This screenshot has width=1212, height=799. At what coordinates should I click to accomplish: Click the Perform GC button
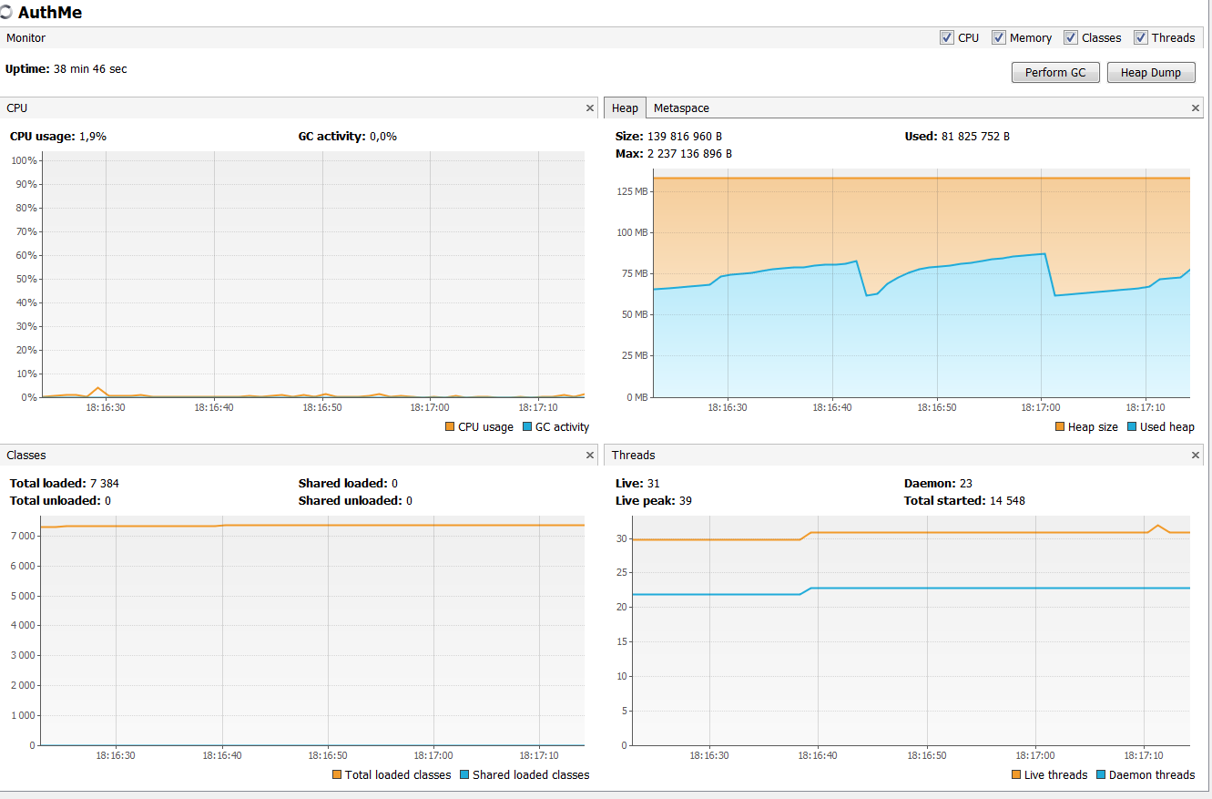click(x=1055, y=73)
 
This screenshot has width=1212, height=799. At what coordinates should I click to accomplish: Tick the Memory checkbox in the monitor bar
click(x=999, y=37)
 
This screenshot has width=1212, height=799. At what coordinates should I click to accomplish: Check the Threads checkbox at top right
click(x=1141, y=37)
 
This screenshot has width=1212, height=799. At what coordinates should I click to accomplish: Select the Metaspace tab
click(x=680, y=108)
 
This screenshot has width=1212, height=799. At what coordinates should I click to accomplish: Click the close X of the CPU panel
click(x=590, y=108)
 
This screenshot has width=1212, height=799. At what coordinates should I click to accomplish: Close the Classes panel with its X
click(x=590, y=456)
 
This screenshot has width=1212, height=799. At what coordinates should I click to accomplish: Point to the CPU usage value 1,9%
click(x=92, y=137)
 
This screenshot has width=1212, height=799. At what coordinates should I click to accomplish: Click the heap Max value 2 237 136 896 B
click(x=689, y=154)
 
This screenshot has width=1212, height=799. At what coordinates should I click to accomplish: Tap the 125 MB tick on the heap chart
click(x=631, y=191)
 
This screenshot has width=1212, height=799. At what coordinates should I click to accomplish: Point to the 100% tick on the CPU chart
click(x=23, y=161)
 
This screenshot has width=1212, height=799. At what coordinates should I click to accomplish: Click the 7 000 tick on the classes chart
click(x=22, y=536)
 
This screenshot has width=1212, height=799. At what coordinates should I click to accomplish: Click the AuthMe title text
click(x=49, y=14)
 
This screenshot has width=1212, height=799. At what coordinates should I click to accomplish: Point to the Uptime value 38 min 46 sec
click(x=90, y=69)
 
